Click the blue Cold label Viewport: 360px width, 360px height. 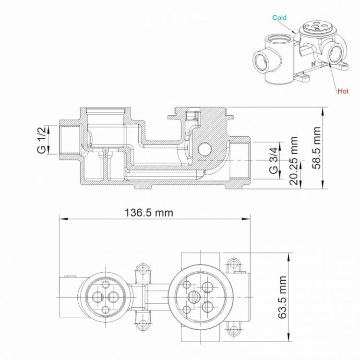pyautogui.click(x=279, y=18)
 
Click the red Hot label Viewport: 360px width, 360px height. pyautogui.click(x=343, y=91)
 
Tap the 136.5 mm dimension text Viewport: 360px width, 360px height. pyautogui.click(x=149, y=213)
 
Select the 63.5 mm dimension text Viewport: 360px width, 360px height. pyautogui.click(x=282, y=297)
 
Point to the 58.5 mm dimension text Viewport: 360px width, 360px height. pyautogui.click(x=316, y=148)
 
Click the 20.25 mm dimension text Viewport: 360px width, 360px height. pyautogui.click(x=294, y=161)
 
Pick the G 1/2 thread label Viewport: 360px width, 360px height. pyautogui.click(x=42, y=140)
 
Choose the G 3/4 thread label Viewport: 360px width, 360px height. pyautogui.click(x=274, y=161)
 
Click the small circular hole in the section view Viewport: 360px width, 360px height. pyautogui.click(x=205, y=148)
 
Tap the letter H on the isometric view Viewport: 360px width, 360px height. pyautogui.click(x=313, y=64)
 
